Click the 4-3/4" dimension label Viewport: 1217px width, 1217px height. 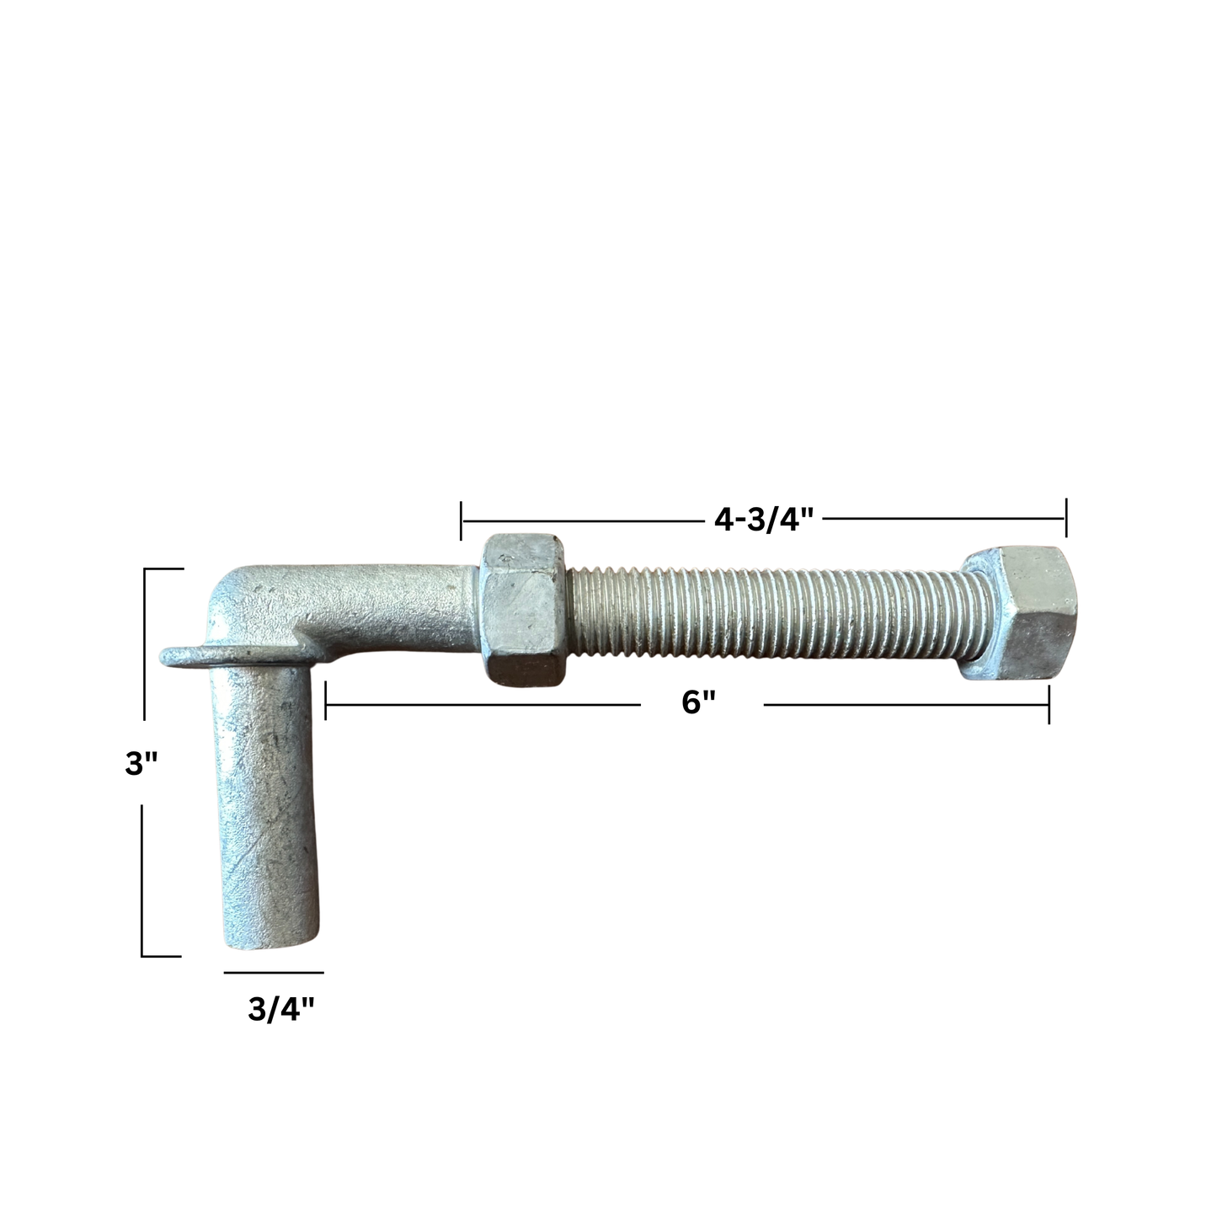[764, 520]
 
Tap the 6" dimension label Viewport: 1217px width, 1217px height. [698, 702]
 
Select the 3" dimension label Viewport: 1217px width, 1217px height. [141, 764]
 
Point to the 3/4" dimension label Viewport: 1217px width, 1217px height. [280, 1009]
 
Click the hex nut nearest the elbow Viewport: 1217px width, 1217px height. [524, 610]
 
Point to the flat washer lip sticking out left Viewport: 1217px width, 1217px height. [183, 655]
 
